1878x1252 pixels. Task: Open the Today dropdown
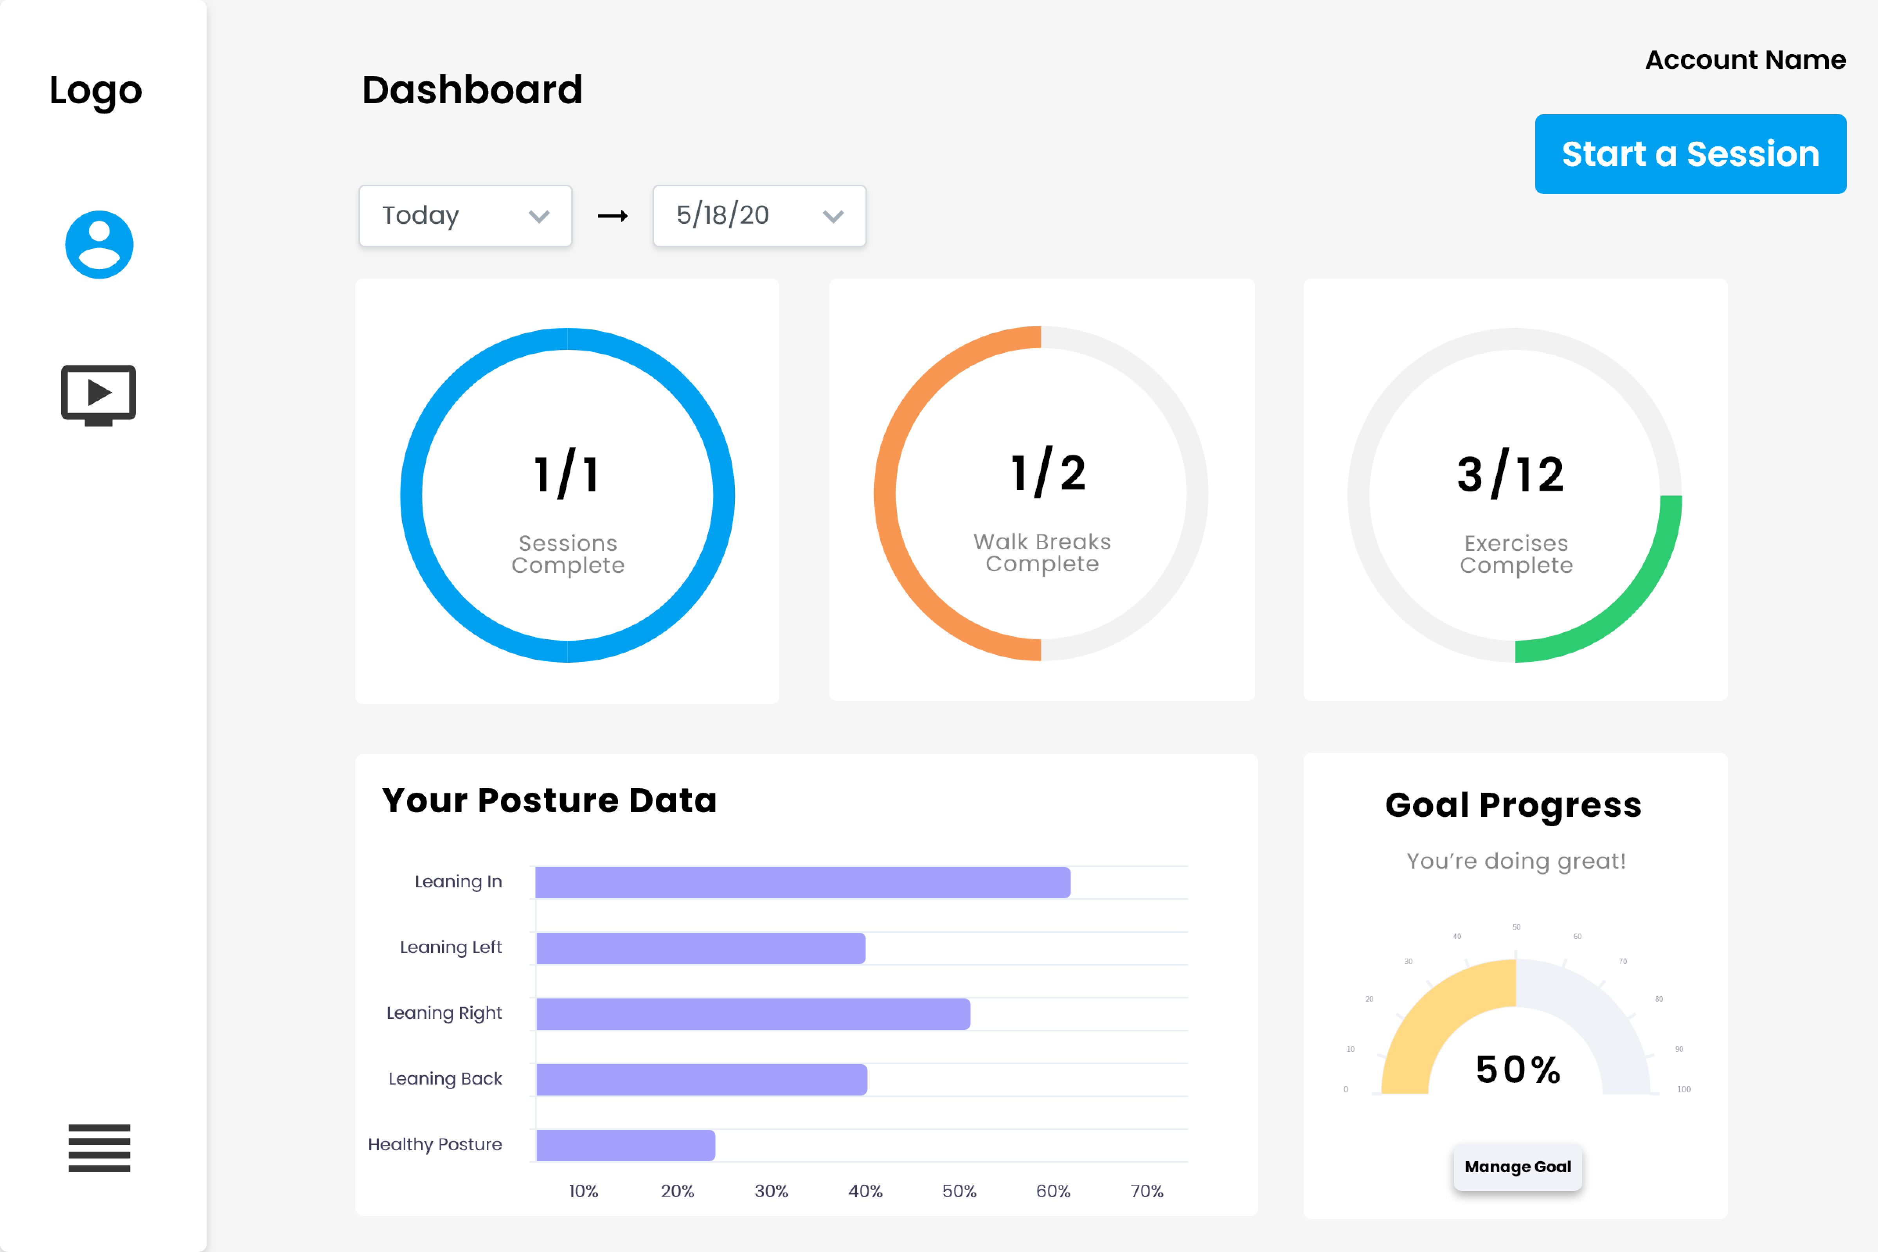465,216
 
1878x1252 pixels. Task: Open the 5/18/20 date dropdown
759,216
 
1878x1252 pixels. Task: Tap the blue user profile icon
99,244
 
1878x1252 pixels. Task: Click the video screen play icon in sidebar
99,394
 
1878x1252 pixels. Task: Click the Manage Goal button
1517,1167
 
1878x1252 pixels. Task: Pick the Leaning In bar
802,882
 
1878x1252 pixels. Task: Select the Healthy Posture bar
625,1145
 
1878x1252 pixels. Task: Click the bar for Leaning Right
753,1014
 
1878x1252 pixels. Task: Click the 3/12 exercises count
1510,474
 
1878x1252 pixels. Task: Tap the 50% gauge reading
1517,1070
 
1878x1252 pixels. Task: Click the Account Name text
1745,60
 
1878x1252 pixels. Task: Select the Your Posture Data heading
549,800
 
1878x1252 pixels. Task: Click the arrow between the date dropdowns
612,216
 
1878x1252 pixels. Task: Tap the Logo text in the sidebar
96,90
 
